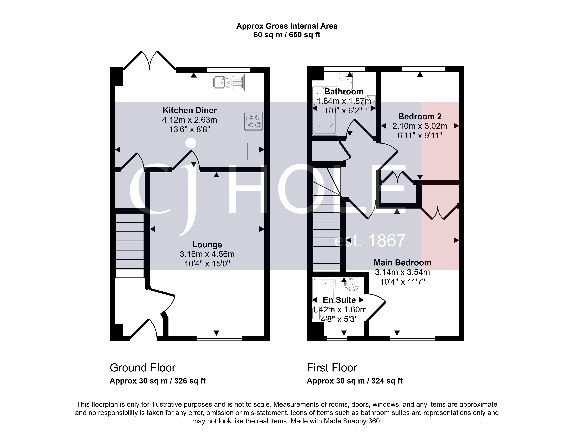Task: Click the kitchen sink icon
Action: pyautogui.click(x=228, y=82)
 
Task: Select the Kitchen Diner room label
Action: pyautogui.click(x=190, y=110)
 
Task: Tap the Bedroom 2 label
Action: pyautogui.click(x=420, y=116)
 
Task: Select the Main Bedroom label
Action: pyautogui.click(x=402, y=263)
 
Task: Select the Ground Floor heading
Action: pyautogui.click(x=142, y=368)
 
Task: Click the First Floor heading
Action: pyautogui.click(x=332, y=368)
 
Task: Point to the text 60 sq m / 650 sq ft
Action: pyautogui.click(x=287, y=35)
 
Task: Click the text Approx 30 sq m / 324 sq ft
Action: pyautogui.click(x=355, y=381)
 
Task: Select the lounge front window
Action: pyautogui.click(x=219, y=338)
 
